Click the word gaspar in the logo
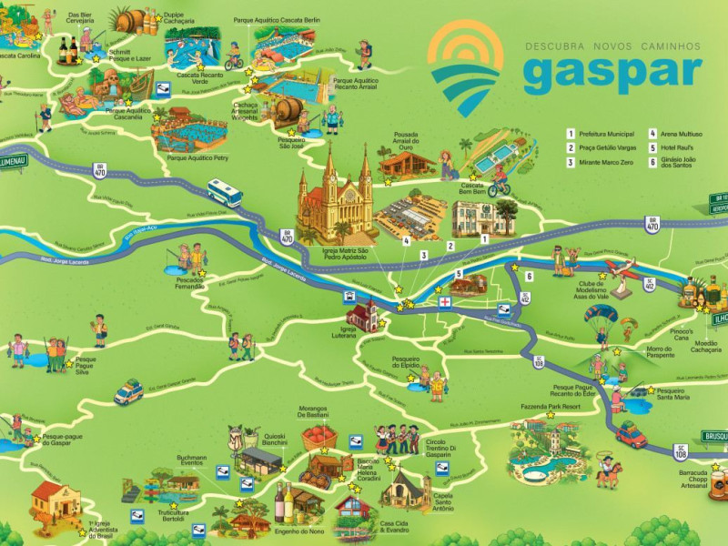[612, 74]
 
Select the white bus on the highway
[225, 193]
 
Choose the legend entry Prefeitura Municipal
[605, 133]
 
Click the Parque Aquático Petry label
[197, 157]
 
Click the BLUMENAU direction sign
[13, 161]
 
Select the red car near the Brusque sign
[631, 436]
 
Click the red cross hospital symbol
[445, 302]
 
